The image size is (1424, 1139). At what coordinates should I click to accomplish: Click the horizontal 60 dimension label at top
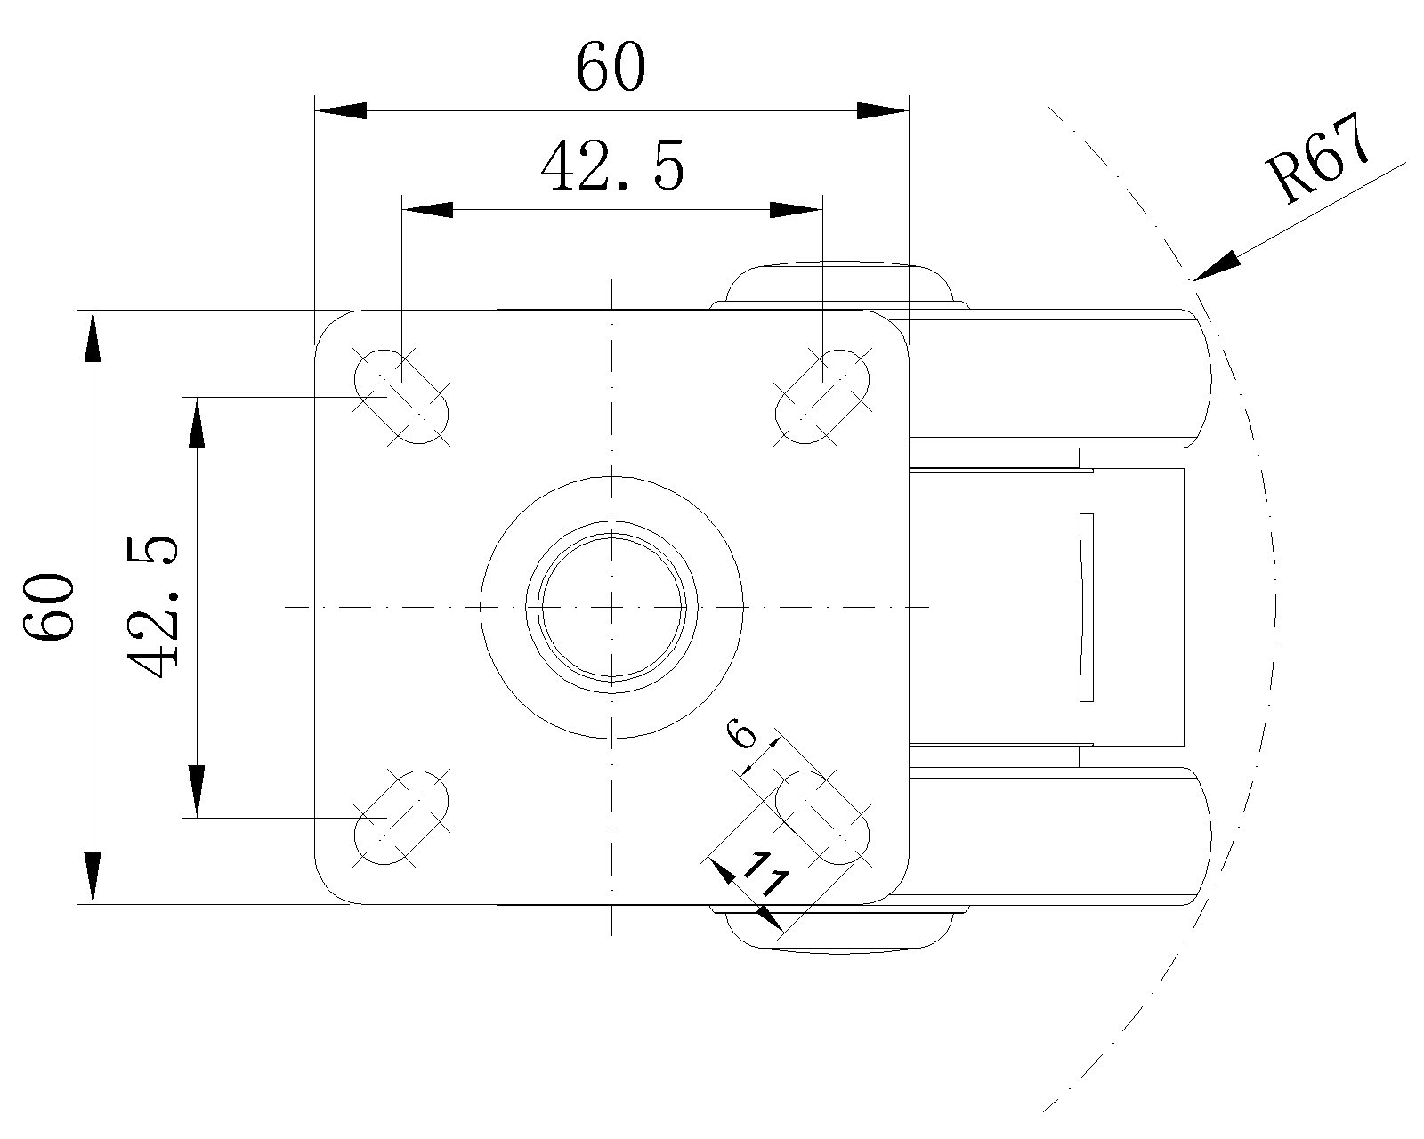(611, 69)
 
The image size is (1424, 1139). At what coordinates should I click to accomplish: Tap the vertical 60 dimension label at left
(49, 608)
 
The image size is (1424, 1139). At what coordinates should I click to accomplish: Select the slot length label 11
(765, 876)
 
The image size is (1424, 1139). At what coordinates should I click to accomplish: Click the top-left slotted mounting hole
(402, 396)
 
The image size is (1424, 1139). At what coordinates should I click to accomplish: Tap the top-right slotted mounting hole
(822, 396)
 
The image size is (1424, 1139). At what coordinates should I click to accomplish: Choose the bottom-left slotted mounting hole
(402, 817)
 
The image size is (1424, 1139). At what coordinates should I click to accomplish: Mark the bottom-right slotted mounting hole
(822, 817)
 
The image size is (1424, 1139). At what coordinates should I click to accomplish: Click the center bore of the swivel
(612, 607)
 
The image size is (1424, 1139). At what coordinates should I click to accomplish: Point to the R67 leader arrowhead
(1216, 267)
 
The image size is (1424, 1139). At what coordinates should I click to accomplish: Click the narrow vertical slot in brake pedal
(1086, 607)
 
